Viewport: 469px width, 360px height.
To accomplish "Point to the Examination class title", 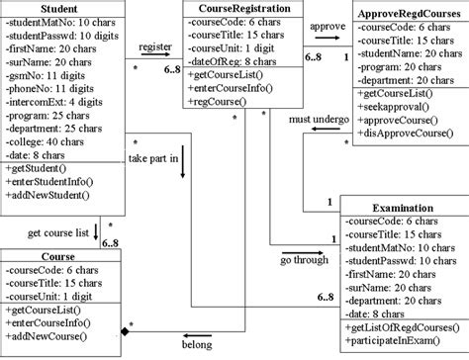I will point(404,209).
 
